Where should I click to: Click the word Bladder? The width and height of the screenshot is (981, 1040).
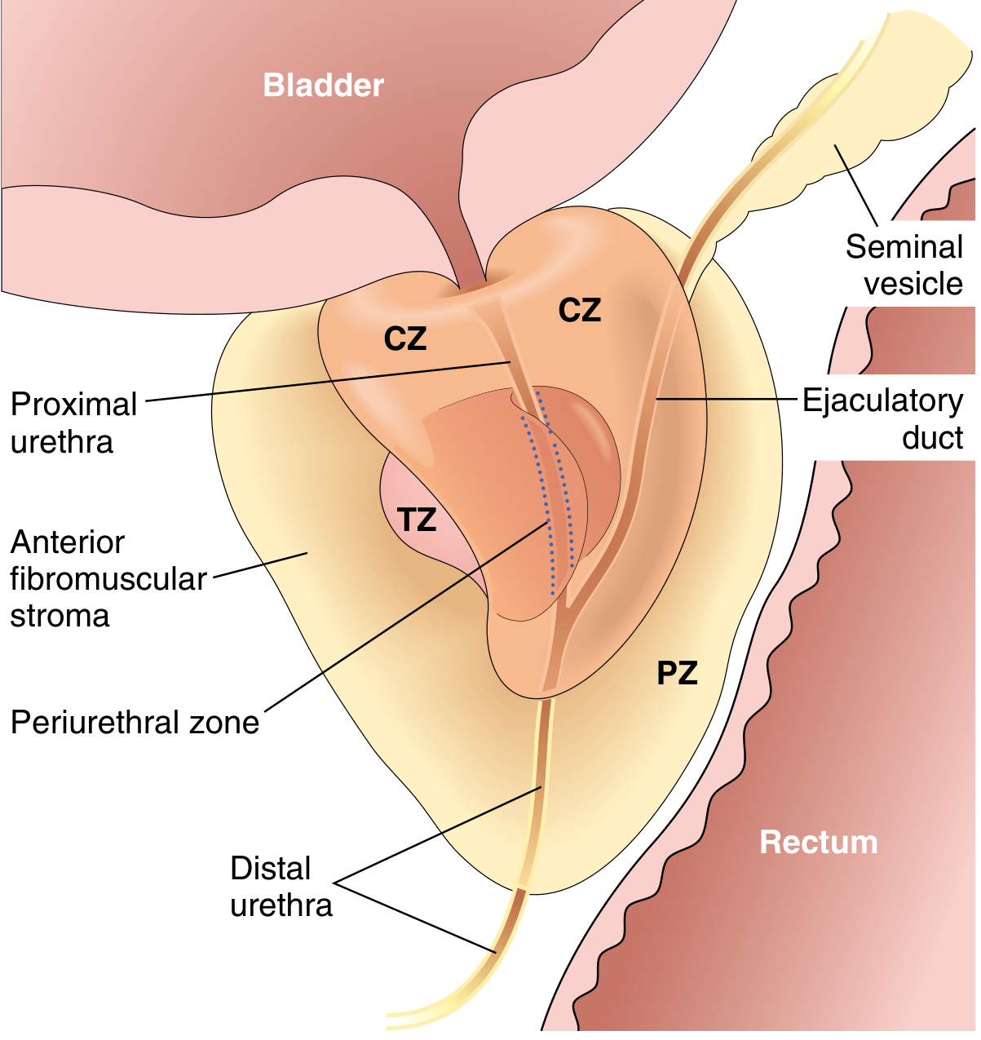coord(323,86)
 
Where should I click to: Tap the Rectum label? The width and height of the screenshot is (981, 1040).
coord(818,842)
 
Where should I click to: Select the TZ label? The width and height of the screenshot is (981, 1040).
coord(417,520)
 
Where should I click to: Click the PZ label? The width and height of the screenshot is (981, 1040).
coord(677,674)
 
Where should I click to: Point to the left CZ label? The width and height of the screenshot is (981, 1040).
coord(405,339)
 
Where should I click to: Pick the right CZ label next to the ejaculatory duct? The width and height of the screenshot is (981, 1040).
coord(580,311)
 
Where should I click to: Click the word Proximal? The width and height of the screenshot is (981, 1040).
coord(74,405)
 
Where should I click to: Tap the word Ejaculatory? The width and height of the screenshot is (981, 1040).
coord(882,401)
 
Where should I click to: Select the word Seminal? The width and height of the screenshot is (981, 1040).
coord(904,247)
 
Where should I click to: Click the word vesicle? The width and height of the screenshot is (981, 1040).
coord(913,284)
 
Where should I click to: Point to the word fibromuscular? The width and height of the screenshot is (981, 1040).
coord(108,579)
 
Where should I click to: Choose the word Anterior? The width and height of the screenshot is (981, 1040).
coord(68,542)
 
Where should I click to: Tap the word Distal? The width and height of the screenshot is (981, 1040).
coord(271,869)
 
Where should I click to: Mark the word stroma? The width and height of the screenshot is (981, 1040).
coord(60,616)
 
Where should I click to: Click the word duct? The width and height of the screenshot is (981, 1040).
coord(933,438)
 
